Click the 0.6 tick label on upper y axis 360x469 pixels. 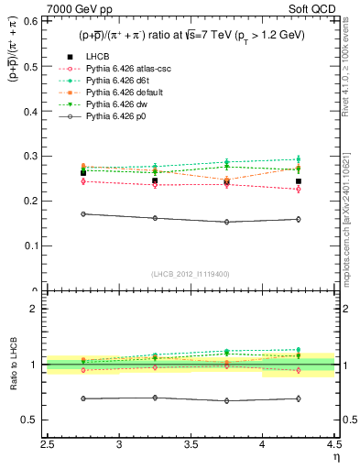click(31, 21)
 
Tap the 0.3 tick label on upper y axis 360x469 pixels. click(31, 156)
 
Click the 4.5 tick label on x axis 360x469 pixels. click(333, 443)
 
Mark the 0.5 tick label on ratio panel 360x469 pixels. click(31, 420)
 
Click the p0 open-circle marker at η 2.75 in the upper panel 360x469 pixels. click(83, 213)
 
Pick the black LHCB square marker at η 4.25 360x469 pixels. click(299, 181)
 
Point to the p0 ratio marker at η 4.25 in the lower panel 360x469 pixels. click(299, 398)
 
